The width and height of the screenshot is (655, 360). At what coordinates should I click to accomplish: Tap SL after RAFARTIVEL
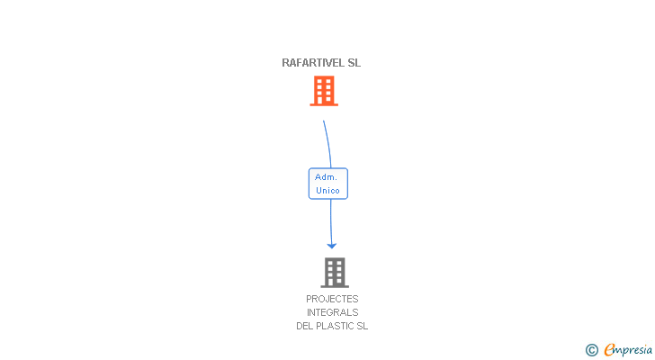point(354,63)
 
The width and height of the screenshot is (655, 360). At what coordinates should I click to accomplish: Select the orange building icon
point(324,90)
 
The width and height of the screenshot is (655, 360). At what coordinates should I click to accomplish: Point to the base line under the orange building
point(324,105)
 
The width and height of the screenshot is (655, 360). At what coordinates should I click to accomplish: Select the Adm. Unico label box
point(327,184)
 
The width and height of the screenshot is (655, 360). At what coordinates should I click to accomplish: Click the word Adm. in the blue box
point(326,177)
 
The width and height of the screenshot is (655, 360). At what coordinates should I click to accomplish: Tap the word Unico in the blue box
point(327,191)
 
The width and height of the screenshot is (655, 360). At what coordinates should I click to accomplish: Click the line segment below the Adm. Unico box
point(330,220)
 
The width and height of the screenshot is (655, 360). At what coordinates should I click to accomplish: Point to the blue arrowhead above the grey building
point(331,244)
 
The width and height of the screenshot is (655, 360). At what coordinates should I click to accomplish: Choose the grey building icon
point(334,272)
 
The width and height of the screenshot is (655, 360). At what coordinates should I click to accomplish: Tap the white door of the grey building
point(334,282)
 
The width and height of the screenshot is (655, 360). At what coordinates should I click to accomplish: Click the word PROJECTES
point(332,299)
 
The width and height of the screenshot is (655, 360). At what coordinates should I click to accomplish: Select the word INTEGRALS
point(332,312)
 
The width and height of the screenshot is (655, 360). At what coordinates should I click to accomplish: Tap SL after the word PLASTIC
point(363,326)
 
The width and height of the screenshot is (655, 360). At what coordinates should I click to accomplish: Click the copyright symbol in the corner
point(591,350)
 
